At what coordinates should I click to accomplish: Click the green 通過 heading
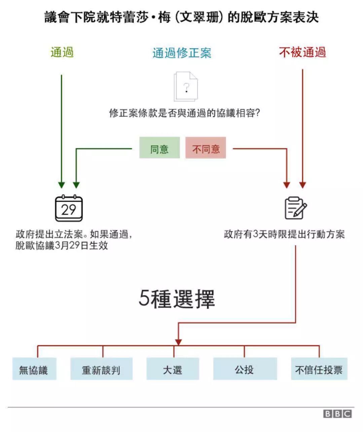pos(62,52)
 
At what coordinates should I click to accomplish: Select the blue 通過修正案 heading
pos(182,53)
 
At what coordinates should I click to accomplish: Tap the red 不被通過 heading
pos(302,52)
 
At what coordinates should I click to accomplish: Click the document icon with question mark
pos(185,87)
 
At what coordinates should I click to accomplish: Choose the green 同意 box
pos(159,148)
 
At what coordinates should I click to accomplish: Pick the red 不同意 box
pos(206,148)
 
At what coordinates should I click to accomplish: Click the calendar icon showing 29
pos(69,208)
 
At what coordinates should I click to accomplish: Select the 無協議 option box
pos(34,369)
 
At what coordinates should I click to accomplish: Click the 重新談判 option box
pos(101,369)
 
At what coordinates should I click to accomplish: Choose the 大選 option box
pos(173,369)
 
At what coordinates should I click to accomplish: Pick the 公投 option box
pos(245,369)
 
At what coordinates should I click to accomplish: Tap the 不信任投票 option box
pos(319,369)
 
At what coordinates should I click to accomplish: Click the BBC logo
pos(337,414)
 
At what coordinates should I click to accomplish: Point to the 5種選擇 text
pos(177,298)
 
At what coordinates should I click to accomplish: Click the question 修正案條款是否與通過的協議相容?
pos(185,113)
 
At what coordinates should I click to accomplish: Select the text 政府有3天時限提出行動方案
pos(284,234)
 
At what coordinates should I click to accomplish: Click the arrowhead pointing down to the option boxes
pos(178,342)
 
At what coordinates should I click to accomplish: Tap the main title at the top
pos(181,17)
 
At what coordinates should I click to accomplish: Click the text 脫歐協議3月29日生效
pos(62,245)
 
